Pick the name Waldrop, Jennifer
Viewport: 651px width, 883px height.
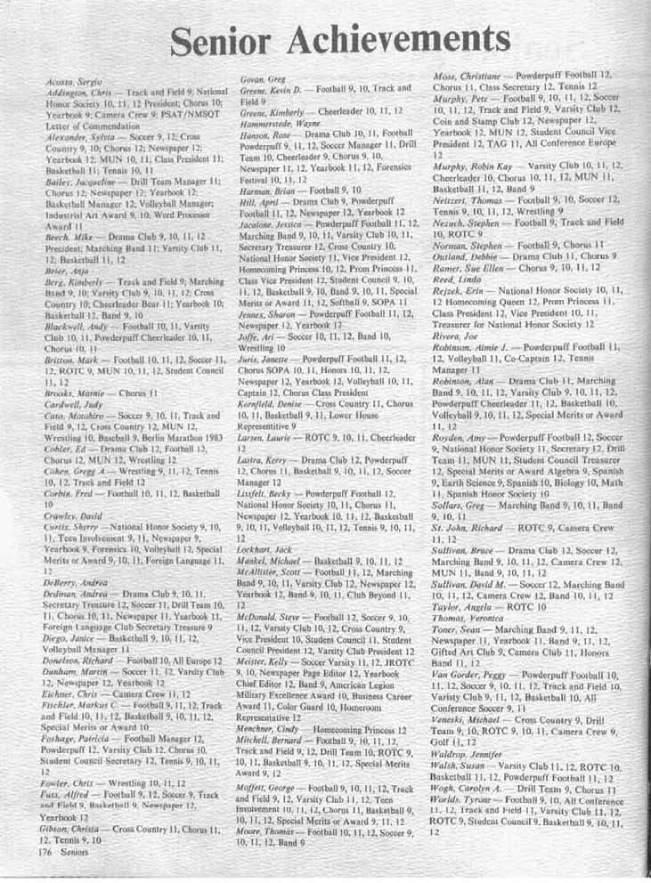(464, 754)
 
